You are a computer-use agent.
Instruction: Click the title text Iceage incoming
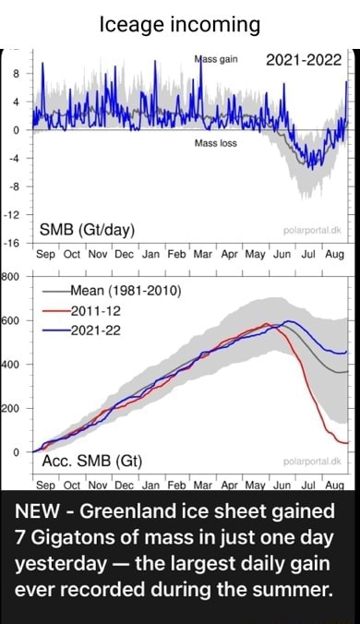pyautogui.click(x=180, y=23)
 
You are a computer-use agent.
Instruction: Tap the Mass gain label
pyautogui.click(x=216, y=58)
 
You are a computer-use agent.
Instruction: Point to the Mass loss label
pyautogui.click(x=216, y=144)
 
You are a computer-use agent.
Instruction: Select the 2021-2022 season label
pyautogui.click(x=303, y=62)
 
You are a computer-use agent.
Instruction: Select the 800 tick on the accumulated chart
pyautogui.click(x=9, y=274)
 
